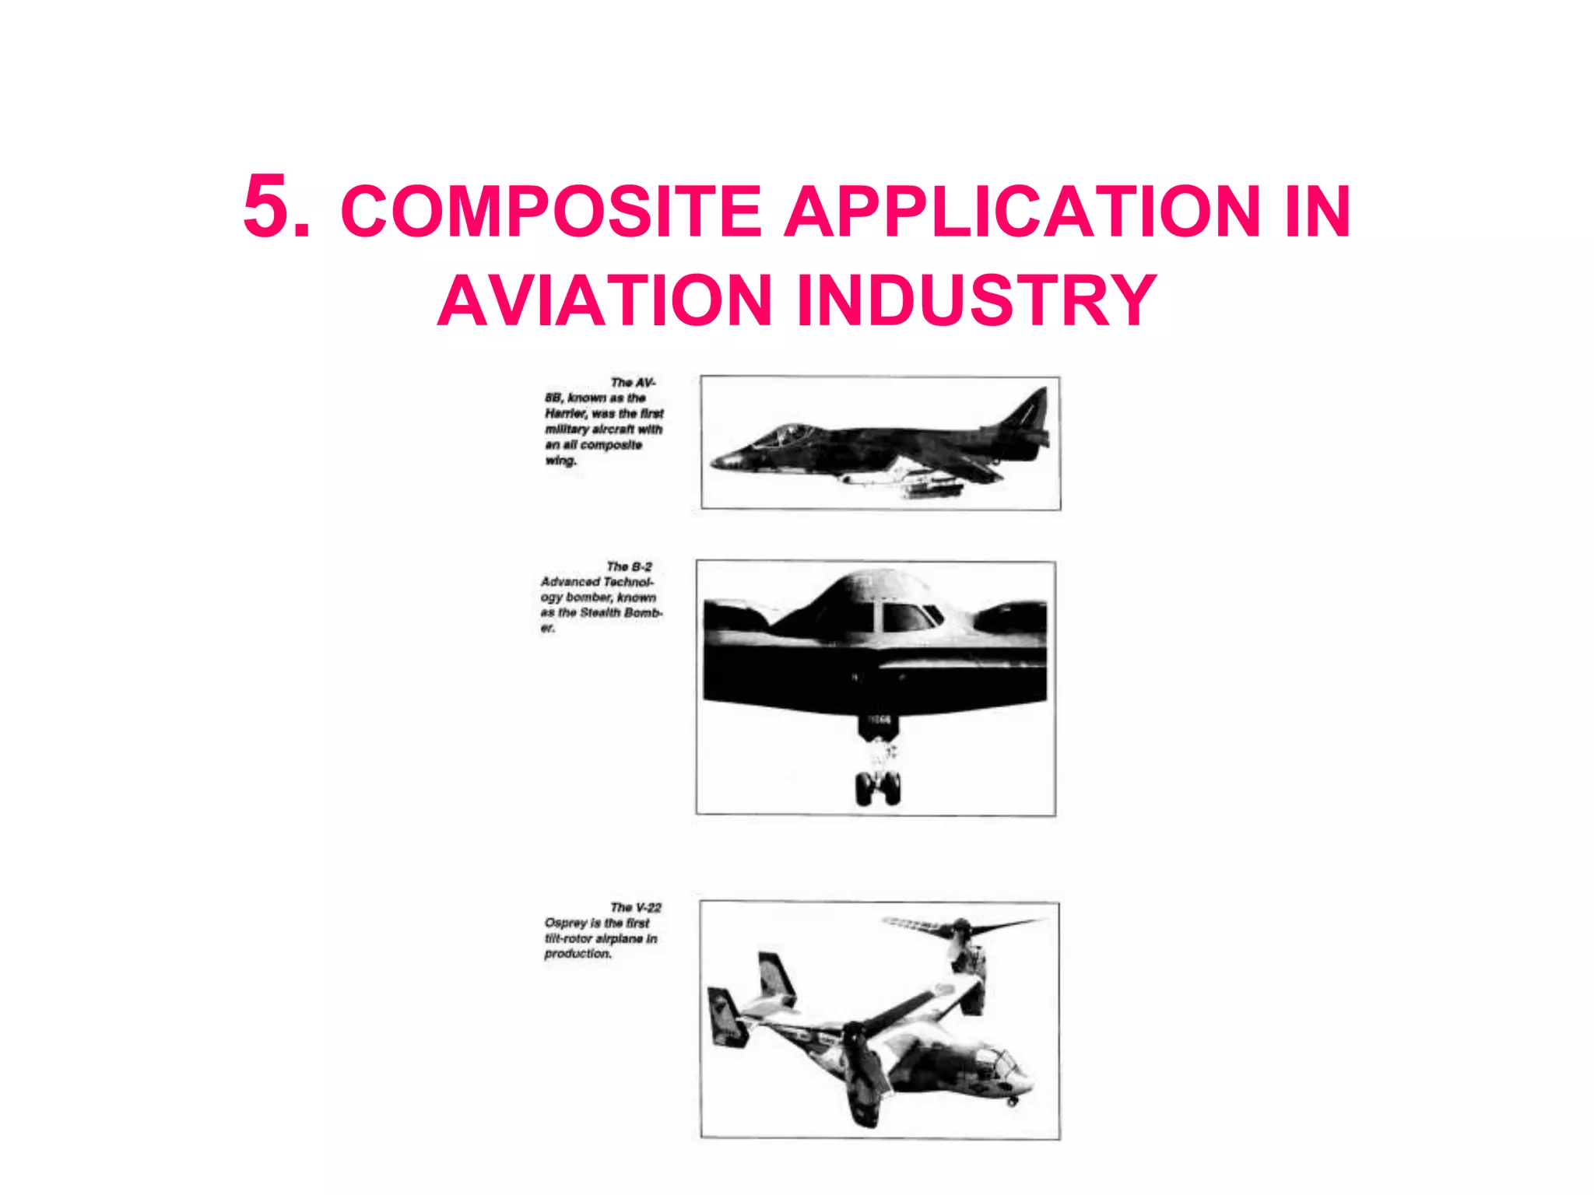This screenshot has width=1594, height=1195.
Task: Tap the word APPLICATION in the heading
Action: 1020,212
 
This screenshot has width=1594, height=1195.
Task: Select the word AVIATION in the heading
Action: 604,301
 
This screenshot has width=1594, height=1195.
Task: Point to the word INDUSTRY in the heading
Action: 977,301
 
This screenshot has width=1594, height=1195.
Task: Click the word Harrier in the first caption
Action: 565,414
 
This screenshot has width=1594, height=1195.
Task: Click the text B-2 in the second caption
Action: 641,566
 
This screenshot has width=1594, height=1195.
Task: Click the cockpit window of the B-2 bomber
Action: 907,618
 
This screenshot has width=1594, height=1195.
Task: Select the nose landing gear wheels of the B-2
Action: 878,787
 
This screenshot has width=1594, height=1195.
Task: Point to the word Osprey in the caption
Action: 566,923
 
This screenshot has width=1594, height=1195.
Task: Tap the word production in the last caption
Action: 578,954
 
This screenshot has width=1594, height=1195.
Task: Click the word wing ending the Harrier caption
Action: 560,461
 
